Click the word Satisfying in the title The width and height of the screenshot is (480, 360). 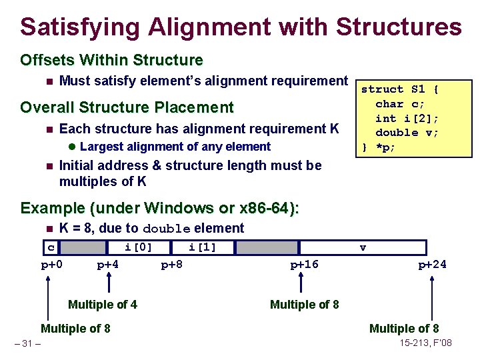[81, 27]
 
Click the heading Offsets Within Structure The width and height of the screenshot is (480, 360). [111, 60]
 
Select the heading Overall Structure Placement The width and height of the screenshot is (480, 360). [127, 107]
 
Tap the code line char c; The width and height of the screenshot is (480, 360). [399, 103]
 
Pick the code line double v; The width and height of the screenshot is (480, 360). [407, 132]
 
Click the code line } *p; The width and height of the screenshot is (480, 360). [379, 147]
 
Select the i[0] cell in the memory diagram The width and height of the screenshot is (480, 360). [139, 247]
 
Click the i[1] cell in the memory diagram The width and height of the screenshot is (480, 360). [202, 247]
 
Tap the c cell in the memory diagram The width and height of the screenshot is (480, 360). [51, 247]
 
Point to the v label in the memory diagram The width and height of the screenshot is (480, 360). [363, 247]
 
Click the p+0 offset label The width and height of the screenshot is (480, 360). [52, 265]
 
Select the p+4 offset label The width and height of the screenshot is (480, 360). [108, 265]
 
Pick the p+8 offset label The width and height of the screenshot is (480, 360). [172, 265]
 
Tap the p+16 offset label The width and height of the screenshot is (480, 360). [304, 265]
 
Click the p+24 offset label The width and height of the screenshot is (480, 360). [432, 265]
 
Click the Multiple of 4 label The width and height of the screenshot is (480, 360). [103, 305]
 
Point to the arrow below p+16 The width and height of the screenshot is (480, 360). [303, 283]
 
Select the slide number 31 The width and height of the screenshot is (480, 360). [27, 344]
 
